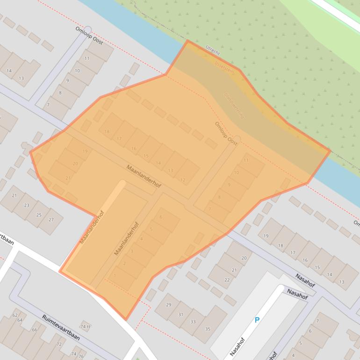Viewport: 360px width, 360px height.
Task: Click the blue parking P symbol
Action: point(256,320)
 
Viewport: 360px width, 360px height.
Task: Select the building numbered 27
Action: point(51,220)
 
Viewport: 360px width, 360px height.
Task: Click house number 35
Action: point(208,329)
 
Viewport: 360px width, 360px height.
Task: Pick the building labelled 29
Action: point(168,305)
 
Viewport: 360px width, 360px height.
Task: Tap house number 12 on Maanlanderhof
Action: point(182,180)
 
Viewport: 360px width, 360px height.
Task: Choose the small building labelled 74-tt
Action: point(85,326)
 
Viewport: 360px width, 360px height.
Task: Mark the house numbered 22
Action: point(227,280)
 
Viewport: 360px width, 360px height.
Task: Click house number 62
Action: point(15,316)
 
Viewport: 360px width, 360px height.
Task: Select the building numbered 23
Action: point(27,205)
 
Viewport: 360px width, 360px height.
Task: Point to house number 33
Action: point(193,322)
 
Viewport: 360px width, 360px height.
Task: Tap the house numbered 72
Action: point(59,344)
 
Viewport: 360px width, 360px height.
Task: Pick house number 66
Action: point(34,330)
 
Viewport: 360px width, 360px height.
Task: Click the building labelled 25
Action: point(39,215)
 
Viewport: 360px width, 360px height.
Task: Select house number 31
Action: point(180,314)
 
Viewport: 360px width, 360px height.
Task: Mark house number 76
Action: point(81,356)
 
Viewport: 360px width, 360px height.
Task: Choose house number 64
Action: point(20,320)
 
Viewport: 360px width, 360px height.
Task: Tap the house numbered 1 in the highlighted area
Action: point(115,275)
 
